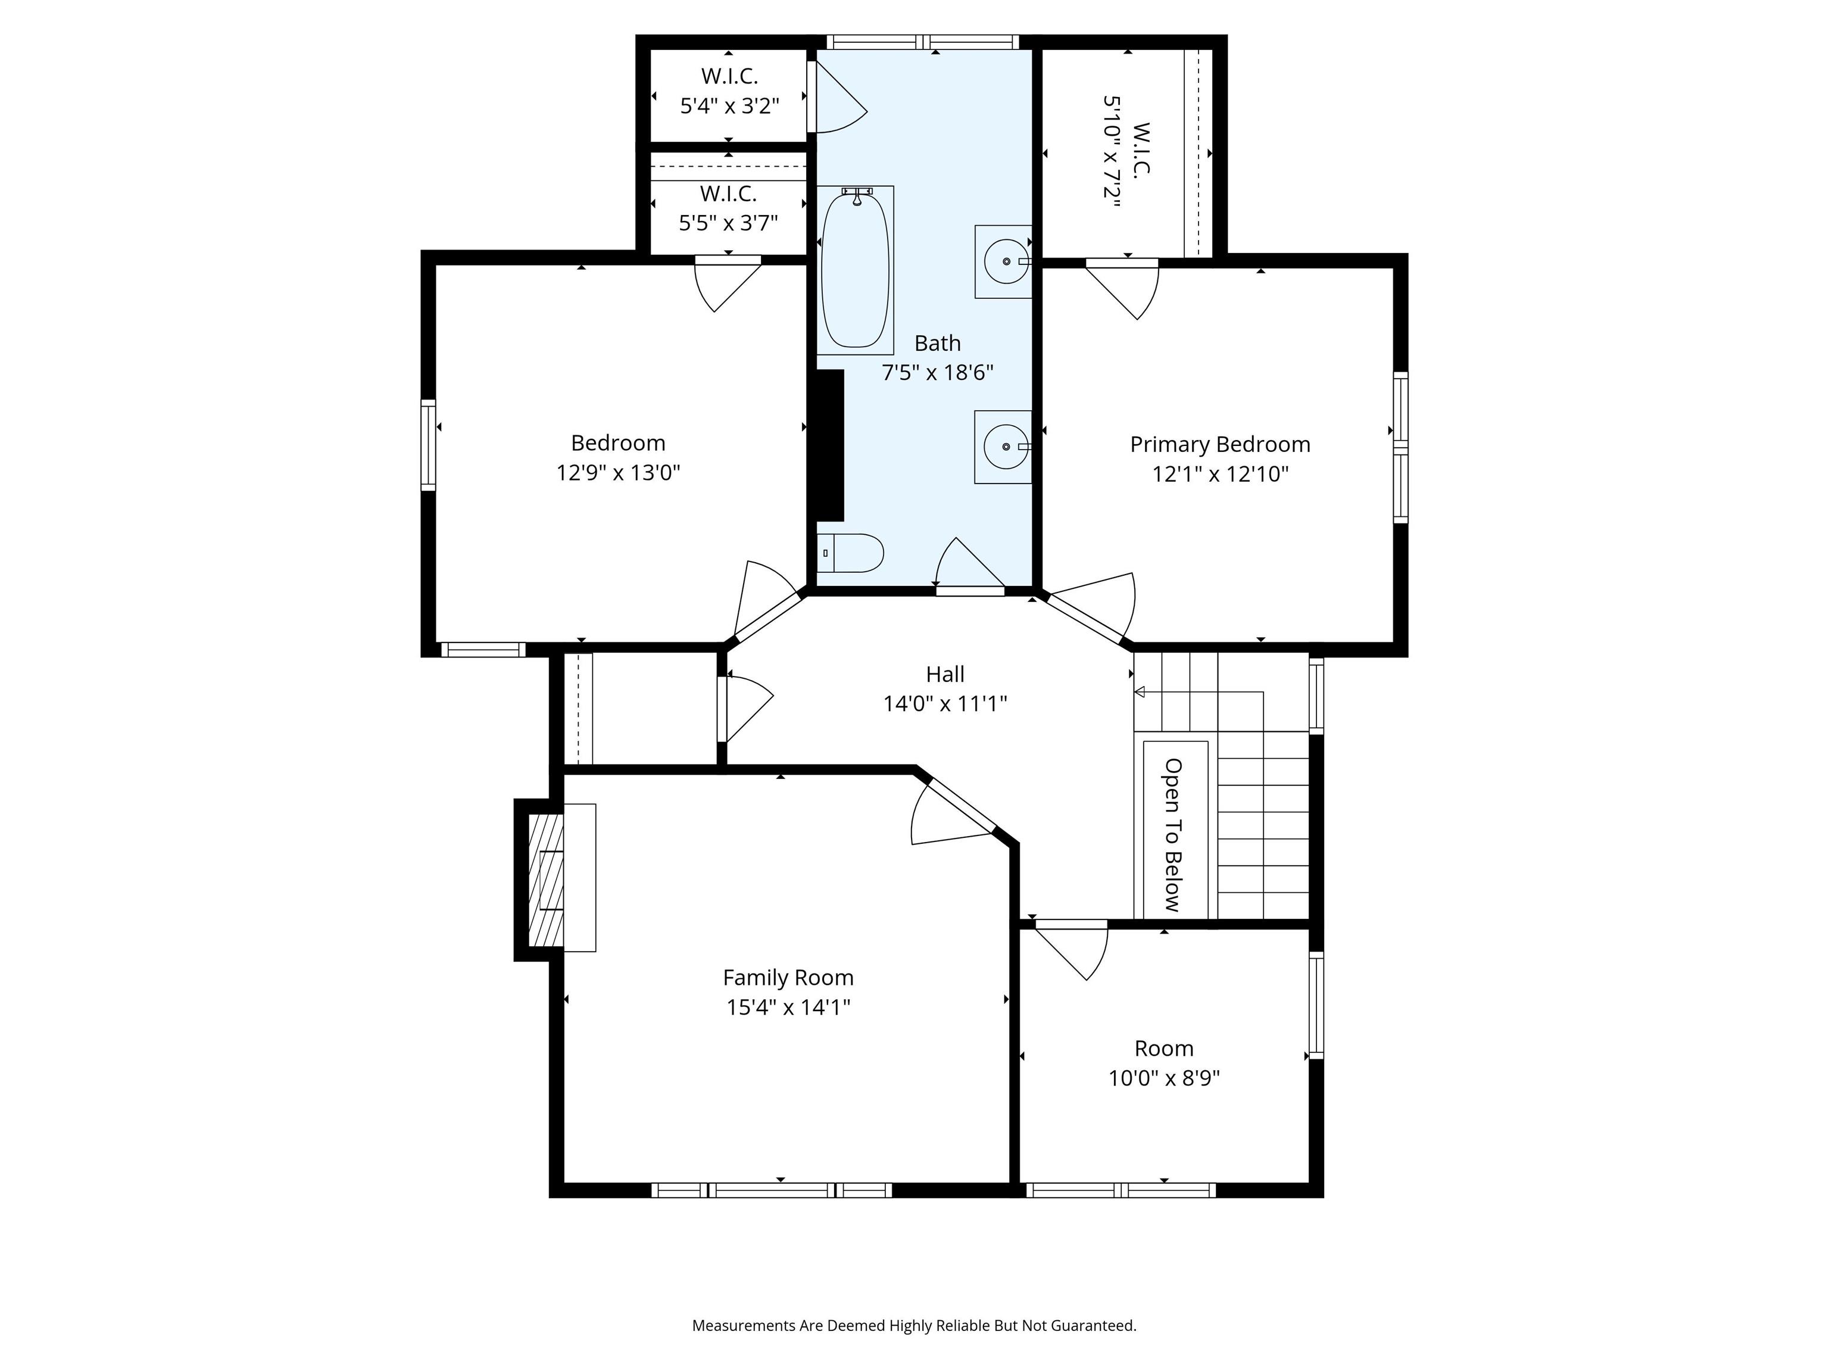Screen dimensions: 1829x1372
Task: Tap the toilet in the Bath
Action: (x=850, y=553)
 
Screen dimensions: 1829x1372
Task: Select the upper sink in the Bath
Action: (x=1004, y=261)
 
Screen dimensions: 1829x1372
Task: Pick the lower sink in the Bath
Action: (x=1004, y=447)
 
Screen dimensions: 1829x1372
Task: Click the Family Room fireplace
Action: (x=547, y=880)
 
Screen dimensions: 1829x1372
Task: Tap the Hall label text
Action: (x=945, y=674)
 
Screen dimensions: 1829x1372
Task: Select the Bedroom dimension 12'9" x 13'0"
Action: (x=619, y=472)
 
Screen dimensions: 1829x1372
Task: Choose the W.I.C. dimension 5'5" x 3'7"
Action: (x=729, y=223)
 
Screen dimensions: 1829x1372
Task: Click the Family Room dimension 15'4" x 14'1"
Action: (x=788, y=1008)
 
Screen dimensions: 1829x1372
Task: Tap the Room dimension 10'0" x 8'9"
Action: (x=1164, y=1078)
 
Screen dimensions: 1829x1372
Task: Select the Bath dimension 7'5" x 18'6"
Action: (x=938, y=372)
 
